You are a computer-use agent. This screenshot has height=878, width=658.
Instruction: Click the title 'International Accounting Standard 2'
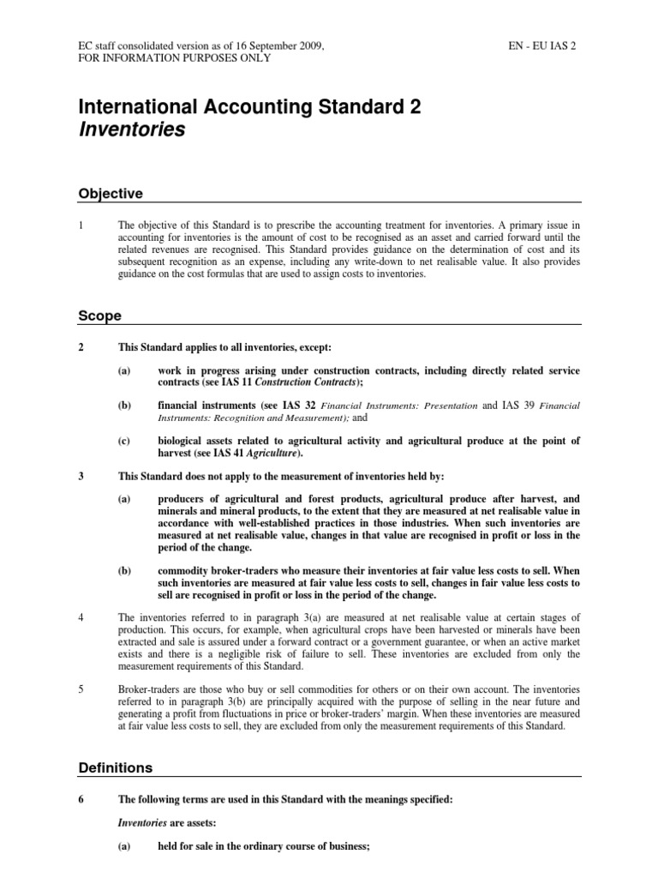pos(249,107)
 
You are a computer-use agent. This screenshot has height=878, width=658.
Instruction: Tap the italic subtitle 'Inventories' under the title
pos(131,130)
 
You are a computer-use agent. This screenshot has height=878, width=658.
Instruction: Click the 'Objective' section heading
pos(110,194)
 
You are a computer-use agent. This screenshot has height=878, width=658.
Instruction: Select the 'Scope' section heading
pos(99,316)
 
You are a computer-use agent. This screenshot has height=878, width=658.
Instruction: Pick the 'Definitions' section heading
pos(116,767)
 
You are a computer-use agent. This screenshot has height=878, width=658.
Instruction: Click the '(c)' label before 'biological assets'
pos(126,441)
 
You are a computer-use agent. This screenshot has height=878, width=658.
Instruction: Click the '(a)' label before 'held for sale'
pos(126,846)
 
